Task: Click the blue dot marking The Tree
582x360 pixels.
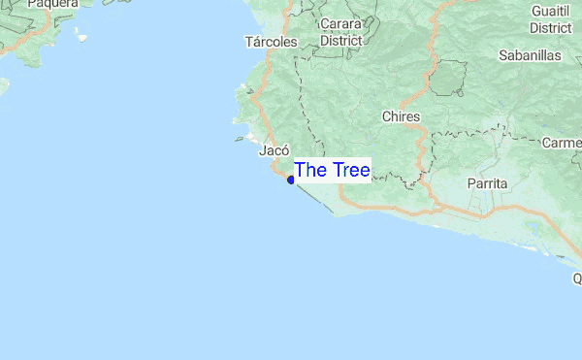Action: click(x=291, y=180)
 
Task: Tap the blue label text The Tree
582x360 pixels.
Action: click(x=332, y=171)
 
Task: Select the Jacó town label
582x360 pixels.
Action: click(x=275, y=151)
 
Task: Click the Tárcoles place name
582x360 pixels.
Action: click(x=272, y=42)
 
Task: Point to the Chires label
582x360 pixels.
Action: click(x=402, y=116)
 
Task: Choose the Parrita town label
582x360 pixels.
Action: click(x=488, y=182)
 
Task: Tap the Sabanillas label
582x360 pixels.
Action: click(x=530, y=55)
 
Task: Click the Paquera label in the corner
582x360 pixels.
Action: click(x=51, y=4)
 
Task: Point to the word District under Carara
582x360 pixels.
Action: click(x=340, y=41)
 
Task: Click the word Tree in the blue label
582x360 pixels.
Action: click(x=348, y=171)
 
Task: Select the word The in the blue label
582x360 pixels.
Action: click(x=309, y=171)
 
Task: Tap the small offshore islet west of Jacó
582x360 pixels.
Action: click(x=239, y=139)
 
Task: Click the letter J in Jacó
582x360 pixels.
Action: click(x=263, y=151)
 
